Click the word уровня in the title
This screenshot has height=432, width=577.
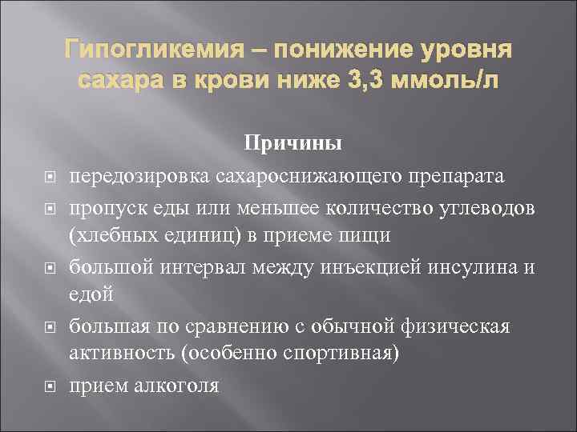pyautogui.click(x=467, y=52)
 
